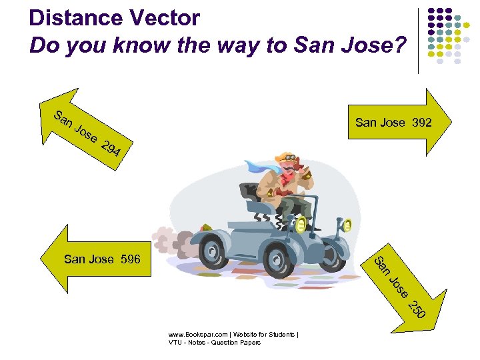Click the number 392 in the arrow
(x=421, y=123)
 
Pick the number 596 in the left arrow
(x=131, y=259)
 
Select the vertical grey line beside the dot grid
(x=419, y=40)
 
